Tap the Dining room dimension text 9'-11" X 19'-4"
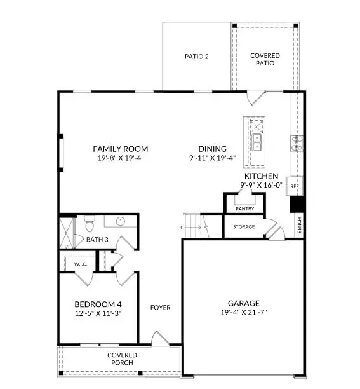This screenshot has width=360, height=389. [x=212, y=158]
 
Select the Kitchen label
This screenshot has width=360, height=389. [x=260, y=175]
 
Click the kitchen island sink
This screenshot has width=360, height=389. [x=257, y=140]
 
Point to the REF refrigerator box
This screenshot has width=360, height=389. [x=294, y=187]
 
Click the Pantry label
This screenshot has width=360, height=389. [x=244, y=208]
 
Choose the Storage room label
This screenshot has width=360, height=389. [x=243, y=227]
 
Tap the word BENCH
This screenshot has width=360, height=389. [x=300, y=226]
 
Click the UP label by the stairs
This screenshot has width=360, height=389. [x=181, y=227]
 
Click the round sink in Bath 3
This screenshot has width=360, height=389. [x=121, y=222]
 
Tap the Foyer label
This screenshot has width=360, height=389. [x=160, y=308]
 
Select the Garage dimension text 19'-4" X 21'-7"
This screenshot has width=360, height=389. [x=244, y=313]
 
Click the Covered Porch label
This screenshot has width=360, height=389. [x=121, y=358]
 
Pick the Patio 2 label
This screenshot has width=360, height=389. [x=197, y=57]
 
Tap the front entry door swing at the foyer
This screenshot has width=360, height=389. [x=159, y=339]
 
